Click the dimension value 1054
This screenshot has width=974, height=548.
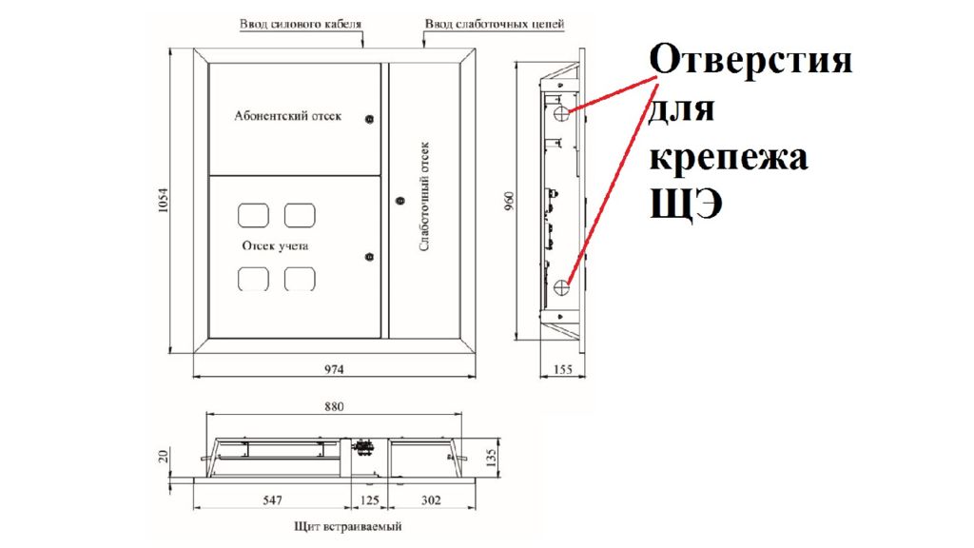(164, 200)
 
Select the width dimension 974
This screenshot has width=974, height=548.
(334, 369)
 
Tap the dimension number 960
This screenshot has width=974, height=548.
(510, 200)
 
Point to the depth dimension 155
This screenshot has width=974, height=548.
(563, 370)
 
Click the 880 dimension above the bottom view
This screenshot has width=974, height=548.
(334, 407)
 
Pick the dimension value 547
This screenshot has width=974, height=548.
(273, 500)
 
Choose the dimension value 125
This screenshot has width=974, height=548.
(370, 500)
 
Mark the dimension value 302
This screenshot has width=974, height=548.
(431, 500)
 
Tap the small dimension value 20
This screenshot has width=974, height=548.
(164, 457)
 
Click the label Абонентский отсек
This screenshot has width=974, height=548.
(287, 115)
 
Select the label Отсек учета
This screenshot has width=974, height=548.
(275, 246)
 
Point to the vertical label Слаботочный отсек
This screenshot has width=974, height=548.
(424, 196)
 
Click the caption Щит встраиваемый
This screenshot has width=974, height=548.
(348, 527)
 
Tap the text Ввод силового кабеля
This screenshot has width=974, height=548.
(301, 24)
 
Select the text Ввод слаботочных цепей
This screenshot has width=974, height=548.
(495, 24)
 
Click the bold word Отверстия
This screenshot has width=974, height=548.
(751, 60)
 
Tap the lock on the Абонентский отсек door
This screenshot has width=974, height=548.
(370, 119)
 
